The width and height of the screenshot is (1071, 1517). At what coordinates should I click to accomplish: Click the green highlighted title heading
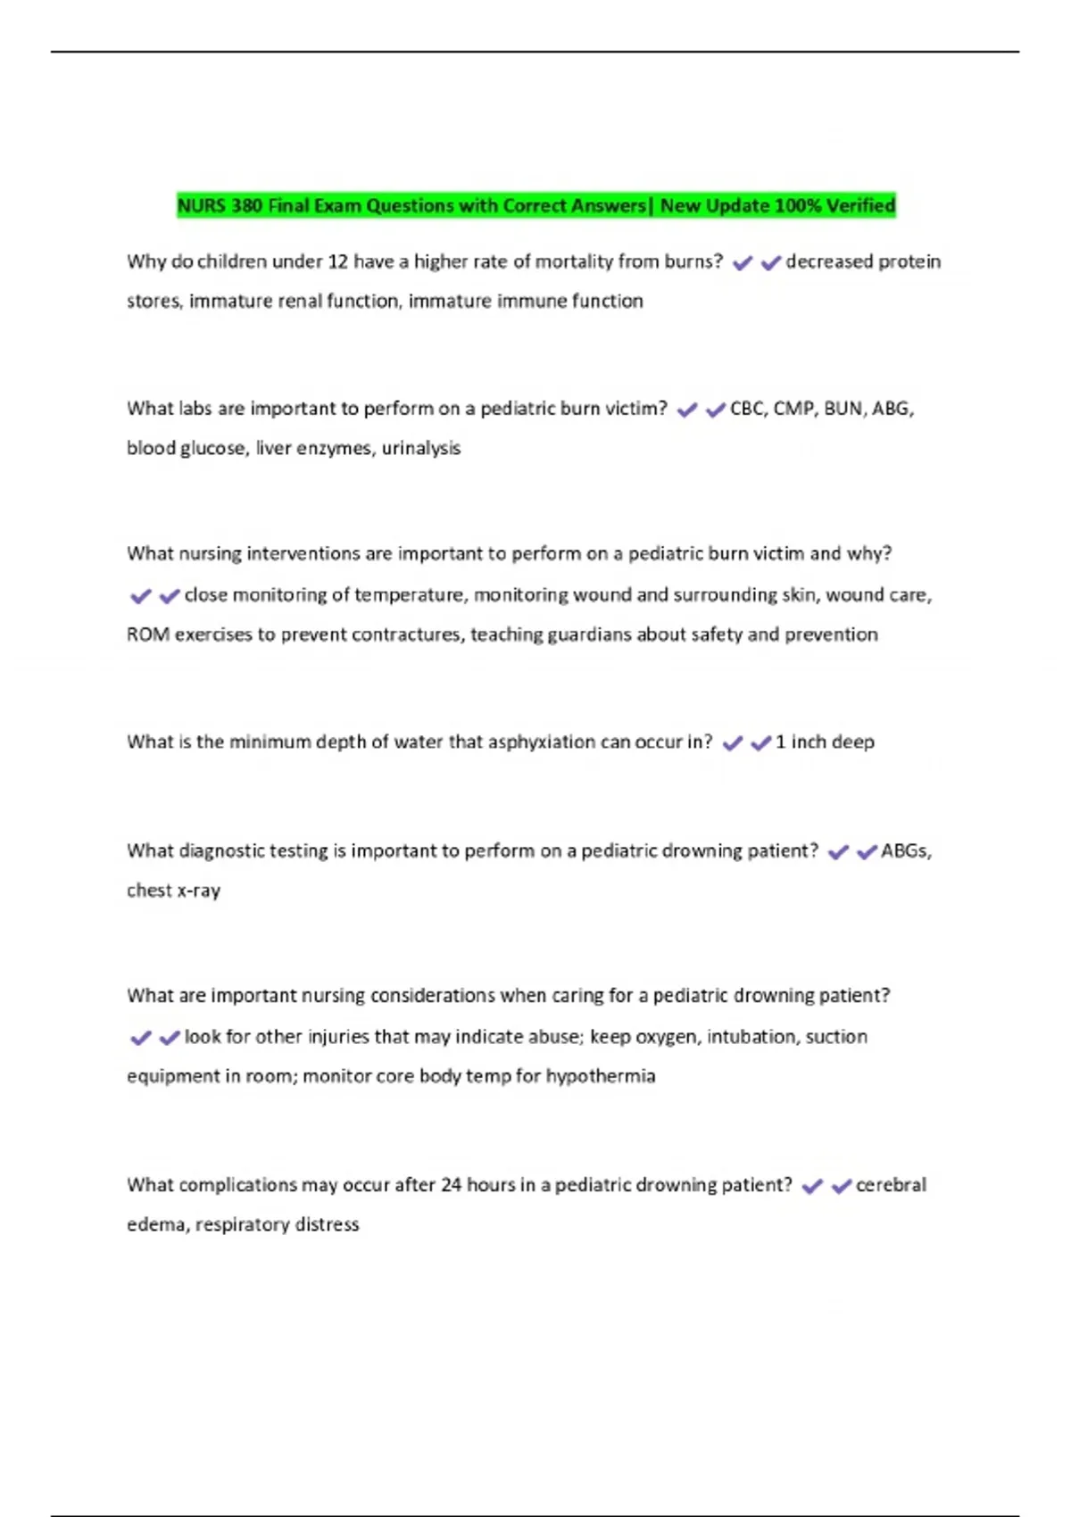[x=535, y=206]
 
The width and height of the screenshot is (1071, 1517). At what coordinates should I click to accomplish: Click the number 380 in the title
[x=246, y=206]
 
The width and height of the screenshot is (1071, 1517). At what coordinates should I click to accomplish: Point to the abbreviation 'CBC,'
[x=749, y=409]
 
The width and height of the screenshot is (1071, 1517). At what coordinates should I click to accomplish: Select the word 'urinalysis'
[x=421, y=448]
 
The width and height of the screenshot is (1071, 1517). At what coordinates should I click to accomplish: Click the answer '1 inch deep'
[x=825, y=742]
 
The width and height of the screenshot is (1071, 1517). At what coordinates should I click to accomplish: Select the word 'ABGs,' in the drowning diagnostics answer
[x=906, y=850]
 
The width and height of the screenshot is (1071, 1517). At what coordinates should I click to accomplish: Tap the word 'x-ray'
[x=199, y=891]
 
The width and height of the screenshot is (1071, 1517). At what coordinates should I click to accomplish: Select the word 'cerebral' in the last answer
[x=891, y=1185]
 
